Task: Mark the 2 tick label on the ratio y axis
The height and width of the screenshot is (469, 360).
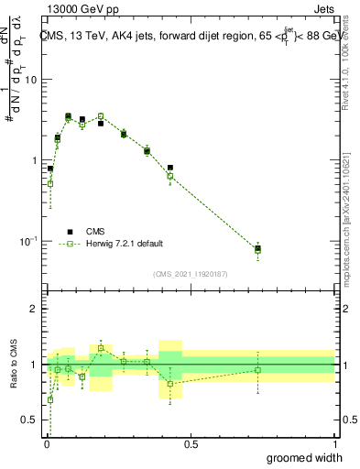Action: click(x=35, y=309)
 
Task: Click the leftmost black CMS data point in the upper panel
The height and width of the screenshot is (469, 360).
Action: click(x=50, y=169)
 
